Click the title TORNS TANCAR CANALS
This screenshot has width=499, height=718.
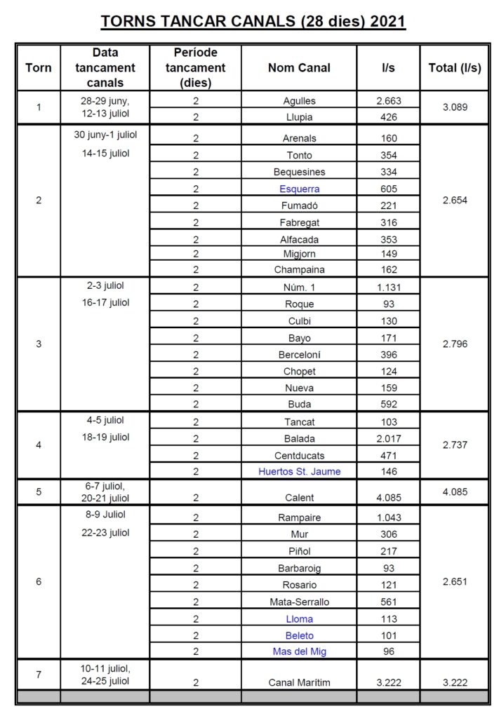pyautogui.click(x=253, y=22)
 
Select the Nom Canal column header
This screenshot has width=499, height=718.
pyautogui.click(x=299, y=68)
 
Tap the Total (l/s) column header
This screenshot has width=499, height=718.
pyautogui.click(x=455, y=68)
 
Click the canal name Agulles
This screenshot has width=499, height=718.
pyautogui.click(x=299, y=101)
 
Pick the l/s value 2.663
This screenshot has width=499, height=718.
pyautogui.click(x=388, y=101)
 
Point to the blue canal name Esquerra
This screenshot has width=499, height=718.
pyautogui.click(x=299, y=189)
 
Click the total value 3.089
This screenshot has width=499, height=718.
pyautogui.click(x=455, y=108)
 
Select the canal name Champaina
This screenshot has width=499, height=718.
pyautogui.click(x=299, y=269)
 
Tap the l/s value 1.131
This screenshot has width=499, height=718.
pyautogui.click(x=388, y=287)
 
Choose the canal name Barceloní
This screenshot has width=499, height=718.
pyautogui.click(x=299, y=355)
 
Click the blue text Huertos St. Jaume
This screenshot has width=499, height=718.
pyautogui.click(x=299, y=472)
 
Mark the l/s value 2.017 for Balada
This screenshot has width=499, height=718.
pyautogui.click(x=388, y=439)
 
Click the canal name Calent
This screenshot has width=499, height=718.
pyautogui.click(x=299, y=498)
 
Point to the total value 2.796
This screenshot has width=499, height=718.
pyautogui.click(x=455, y=344)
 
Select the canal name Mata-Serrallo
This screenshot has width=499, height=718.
pyautogui.click(x=299, y=602)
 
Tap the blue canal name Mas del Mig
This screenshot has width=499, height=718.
pyautogui.click(x=299, y=651)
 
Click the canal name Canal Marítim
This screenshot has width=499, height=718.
pyautogui.click(x=299, y=682)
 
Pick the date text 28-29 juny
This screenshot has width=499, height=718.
pyautogui.click(x=105, y=101)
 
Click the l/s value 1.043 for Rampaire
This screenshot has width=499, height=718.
pyautogui.click(x=388, y=518)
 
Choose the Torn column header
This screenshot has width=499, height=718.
pyautogui.click(x=39, y=68)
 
